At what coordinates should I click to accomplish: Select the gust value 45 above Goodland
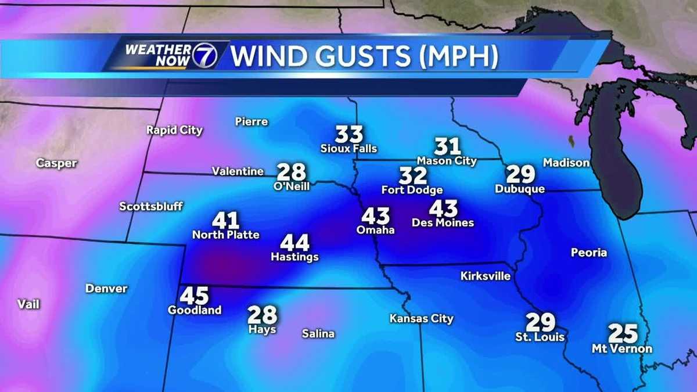[x=194, y=296]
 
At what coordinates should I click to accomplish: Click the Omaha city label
[x=375, y=230]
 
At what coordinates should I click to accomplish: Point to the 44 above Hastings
[x=294, y=243]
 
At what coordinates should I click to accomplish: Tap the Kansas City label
[x=421, y=319]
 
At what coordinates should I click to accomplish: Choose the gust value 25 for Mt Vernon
[x=623, y=334]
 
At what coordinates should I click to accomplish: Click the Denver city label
[x=106, y=289]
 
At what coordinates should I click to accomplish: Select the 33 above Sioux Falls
[x=349, y=135]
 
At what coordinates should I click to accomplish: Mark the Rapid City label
[x=174, y=130]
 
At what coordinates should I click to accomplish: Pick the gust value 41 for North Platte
[x=225, y=221]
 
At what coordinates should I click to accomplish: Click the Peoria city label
[x=588, y=253]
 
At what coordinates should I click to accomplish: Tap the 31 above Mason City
[x=447, y=146]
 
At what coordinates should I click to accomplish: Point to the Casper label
[x=56, y=163]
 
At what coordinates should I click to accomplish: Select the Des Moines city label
[x=443, y=222]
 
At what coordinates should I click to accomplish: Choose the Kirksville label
[x=485, y=276]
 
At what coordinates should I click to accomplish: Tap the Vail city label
[x=28, y=304]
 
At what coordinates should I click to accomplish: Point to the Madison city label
[x=566, y=163]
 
